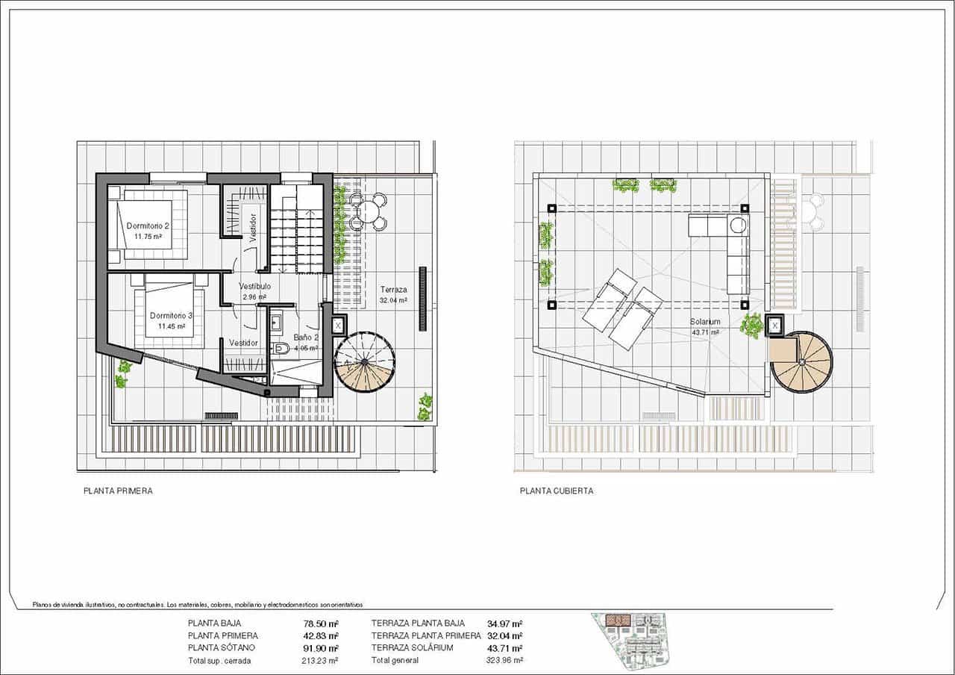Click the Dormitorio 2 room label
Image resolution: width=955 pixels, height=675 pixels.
pyautogui.click(x=148, y=225)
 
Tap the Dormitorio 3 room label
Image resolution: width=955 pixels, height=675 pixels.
pyautogui.click(x=171, y=316)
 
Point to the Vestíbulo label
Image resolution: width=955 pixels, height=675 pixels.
pyautogui.click(x=254, y=287)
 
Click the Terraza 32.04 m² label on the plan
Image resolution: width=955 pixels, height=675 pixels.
pyautogui.click(x=393, y=290)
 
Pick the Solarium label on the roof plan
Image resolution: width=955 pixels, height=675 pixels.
pyautogui.click(x=705, y=323)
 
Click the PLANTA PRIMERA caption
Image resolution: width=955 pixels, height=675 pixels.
pyautogui.click(x=118, y=491)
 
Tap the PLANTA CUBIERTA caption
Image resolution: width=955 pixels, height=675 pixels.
pyautogui.click(x=557, y=491)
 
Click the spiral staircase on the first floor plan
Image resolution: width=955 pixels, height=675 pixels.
pyautogui.click(x=364, y=363)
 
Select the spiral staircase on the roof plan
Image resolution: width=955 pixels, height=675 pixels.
pyautogui.click(x=801, y=362)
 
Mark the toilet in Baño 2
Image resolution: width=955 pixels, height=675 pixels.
pyautogui.click(x=281, y=348)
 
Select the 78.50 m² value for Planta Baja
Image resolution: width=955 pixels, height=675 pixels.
pyautogui.click(x=323, y=623)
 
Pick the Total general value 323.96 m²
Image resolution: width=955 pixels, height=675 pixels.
pyautogui.click(x=505, y=660)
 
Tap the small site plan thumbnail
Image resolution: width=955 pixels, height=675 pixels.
pyautogui.click(x=630, y=641)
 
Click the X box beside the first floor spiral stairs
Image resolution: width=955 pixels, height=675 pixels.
pyautogui.click(x=337, y=325)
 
